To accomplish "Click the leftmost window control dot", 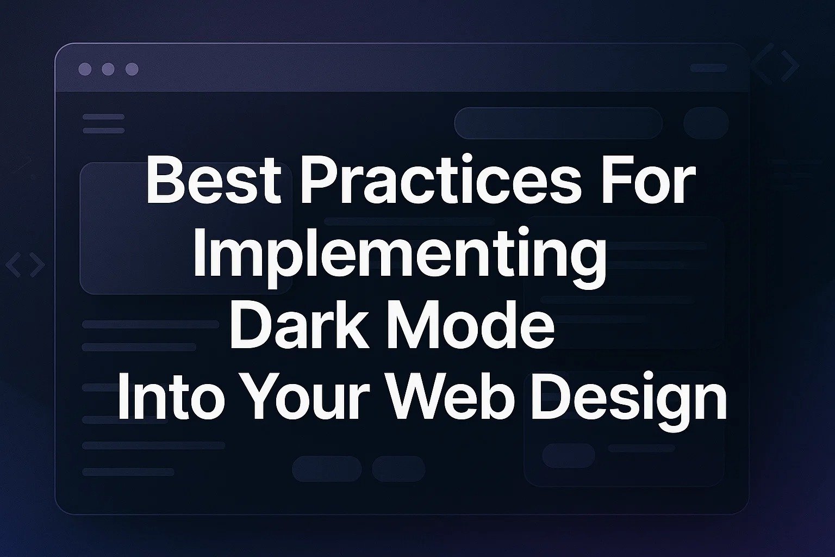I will pyautogui.click(x=85, y=69).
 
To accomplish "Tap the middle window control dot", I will pyautogui.click(x=108, y=69).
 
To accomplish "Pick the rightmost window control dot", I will pyautogui.click(x=132, y=69).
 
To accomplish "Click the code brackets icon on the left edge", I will pyautogui.click(x=25, y=265).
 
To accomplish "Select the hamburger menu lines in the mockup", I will pyautogui.click(x=103, y=123).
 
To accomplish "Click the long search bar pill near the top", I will pyautogui.click(x=558, y=123).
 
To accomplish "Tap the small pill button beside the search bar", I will pyautogui.click(x=706, y=123).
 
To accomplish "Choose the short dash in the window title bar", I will pyautogui.click(x=708, y=69).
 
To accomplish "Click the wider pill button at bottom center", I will pyautogui.click(x=327, y=468).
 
